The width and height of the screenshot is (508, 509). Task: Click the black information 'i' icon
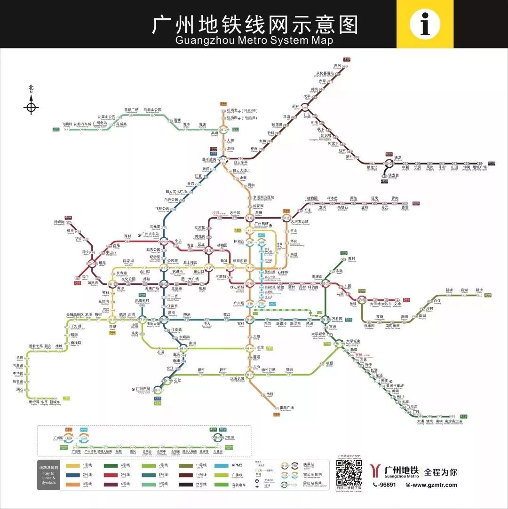click(x=425, y=24)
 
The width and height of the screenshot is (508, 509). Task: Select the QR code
click(x=349, y=473)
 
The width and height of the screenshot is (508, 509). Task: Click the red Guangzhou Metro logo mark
click(x=375, y=470)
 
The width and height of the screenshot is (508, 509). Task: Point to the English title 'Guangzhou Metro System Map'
click(x=254, y=40)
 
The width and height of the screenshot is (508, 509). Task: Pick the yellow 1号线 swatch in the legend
click(x=73, y=466)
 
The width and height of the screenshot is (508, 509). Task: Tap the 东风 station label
click(x=337, y=66)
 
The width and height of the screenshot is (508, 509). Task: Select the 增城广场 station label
click(x=479, y=167)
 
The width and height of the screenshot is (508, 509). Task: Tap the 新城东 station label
click(x=55, y=402)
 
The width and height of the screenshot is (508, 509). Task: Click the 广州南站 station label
click(x=143, y=389)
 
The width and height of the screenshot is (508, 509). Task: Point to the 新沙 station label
click(x=479, y=290)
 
